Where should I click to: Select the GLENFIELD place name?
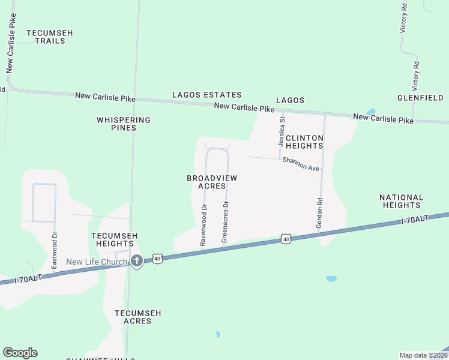tap(420, 98)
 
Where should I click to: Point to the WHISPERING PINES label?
tap(124, 124)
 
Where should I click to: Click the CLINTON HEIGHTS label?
tap(304, 142)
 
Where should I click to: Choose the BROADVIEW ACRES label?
tap(212, 182)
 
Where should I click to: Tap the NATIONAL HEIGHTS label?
tap(402, 201)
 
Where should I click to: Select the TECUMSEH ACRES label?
tap(137, 317)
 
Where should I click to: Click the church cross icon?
tap(137, 261)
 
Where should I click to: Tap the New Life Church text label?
tap(97, 262)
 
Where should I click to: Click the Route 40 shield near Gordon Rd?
tap(286, 239)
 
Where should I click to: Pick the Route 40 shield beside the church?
tap(157, 258)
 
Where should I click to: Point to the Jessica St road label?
tap(281, 132)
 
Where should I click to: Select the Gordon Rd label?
tap(320, 213)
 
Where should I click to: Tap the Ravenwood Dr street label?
tap(203, 226)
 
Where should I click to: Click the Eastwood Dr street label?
tap(54, 250)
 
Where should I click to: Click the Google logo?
tap(20, 353)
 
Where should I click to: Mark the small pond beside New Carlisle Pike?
tap(370, 112)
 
